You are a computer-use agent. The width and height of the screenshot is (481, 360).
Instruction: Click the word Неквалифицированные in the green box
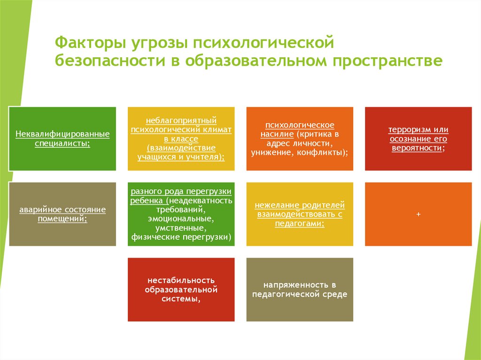[62, 134]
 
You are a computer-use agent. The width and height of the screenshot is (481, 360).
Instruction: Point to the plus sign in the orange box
[418, 214]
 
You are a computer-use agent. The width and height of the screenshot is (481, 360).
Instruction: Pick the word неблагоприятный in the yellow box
[181, 121]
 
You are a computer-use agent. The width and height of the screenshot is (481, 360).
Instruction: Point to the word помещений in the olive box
[62, 218]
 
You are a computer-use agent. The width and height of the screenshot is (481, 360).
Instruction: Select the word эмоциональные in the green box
[181, 219]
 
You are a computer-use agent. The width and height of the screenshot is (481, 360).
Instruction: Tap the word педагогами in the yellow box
[299, 223]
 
